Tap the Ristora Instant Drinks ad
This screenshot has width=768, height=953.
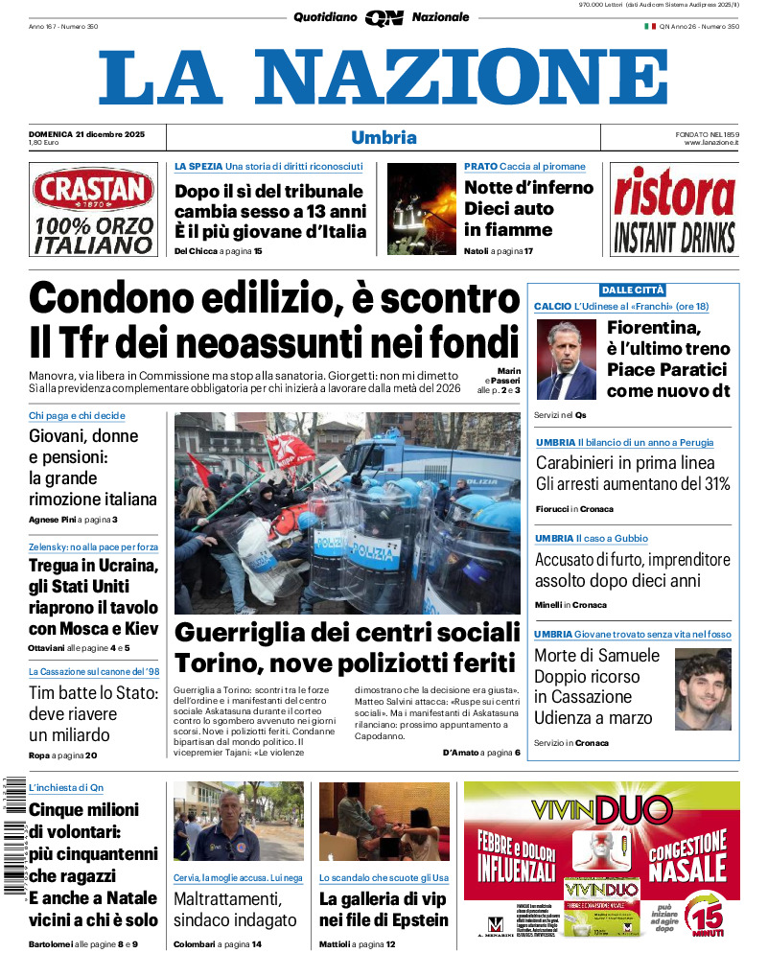[674, 210]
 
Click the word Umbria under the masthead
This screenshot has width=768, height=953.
[384, 137]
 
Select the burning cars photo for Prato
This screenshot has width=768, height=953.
[421, 208]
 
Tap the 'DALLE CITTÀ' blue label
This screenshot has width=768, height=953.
[633, 290]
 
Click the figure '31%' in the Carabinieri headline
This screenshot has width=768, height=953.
[710, 483]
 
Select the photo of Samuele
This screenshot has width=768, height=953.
[703, 689]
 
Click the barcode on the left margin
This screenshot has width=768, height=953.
[14, 834]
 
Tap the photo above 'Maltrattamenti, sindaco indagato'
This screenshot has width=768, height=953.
[238, 822]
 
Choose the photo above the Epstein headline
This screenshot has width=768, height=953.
[384, 822]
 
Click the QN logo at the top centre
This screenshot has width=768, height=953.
[384, 17]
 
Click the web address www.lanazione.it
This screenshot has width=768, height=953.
[710, 142]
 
